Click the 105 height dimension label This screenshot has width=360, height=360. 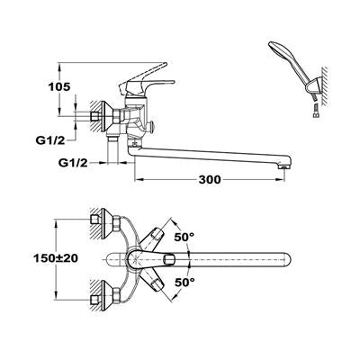(x=59, y=86)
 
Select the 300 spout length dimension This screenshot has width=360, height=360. (x=210, y=179)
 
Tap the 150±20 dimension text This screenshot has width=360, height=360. (x=56, y=257)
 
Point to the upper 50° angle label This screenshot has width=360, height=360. (x=184, y=237)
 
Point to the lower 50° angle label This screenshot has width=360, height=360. (x=184, y=282)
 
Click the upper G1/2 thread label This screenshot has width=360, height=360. (x=50, y=140)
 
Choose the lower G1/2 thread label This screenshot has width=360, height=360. (x=73, y=163)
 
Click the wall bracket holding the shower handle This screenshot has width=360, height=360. (x=314, y=88)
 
